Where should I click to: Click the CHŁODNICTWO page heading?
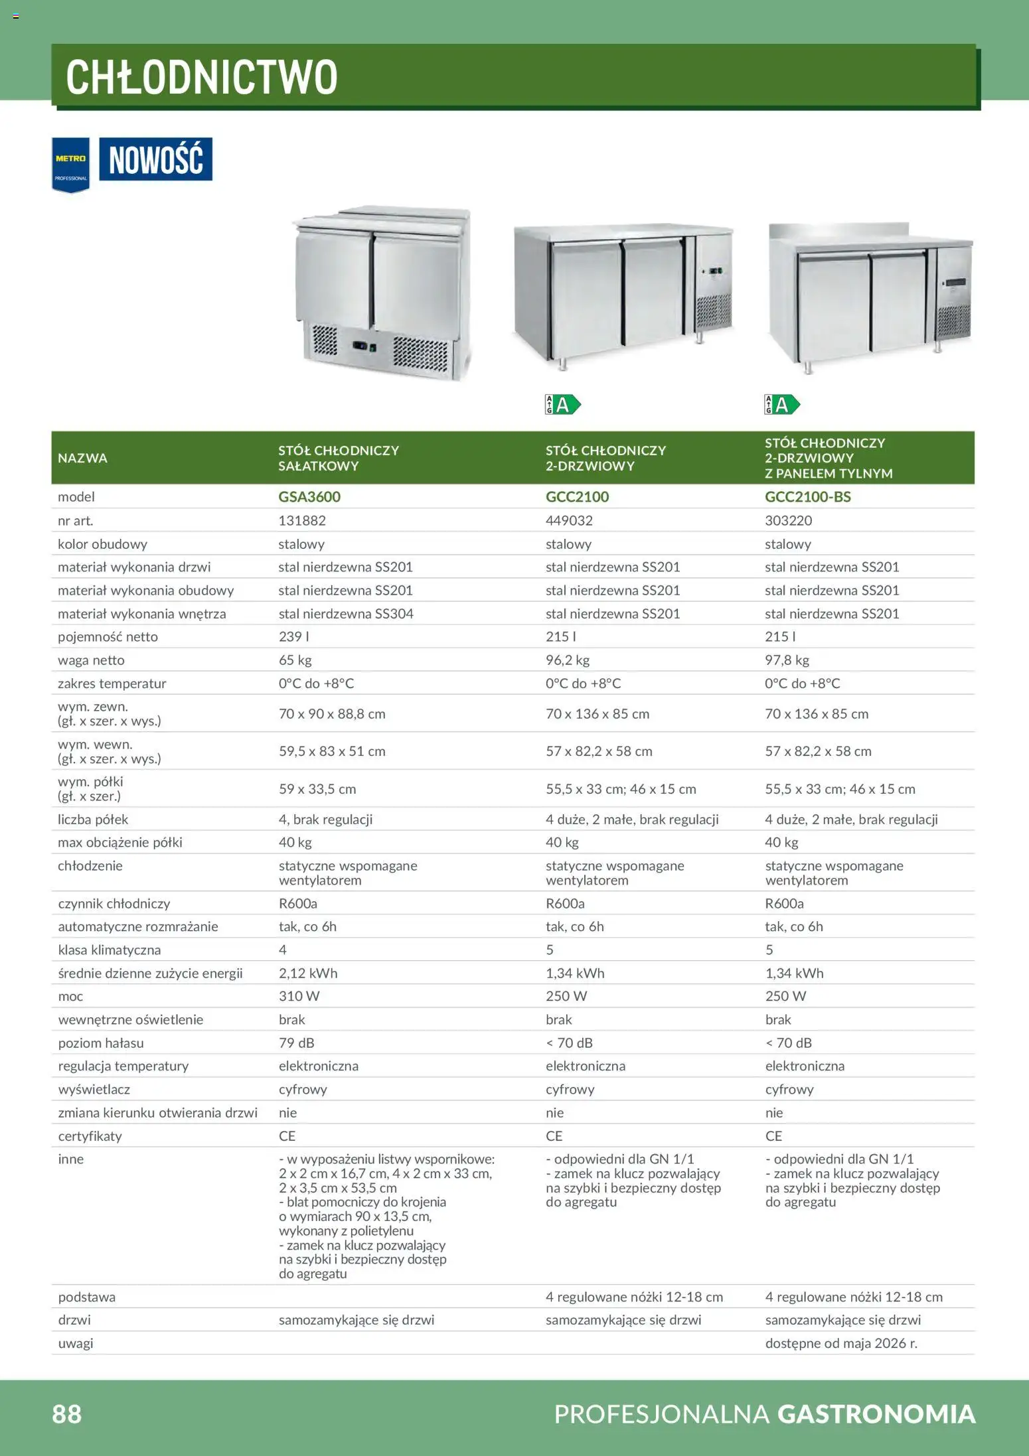(x=202, y=77)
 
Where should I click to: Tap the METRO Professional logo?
(x=70, y=165)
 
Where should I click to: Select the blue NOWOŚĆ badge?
(x=156, y=159)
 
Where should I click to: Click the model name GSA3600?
(x=309, y=496)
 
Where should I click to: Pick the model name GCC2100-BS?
(x=807, y=496)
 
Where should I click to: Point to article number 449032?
(x=569, y=520)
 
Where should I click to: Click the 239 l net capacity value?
(x=294, y=636)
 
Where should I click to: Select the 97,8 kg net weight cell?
(x=787, y=660)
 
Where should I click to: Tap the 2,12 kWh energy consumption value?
(x=308, y=973)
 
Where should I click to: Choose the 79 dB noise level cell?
(x=296, y=1043)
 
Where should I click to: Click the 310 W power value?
(x=299, y=996)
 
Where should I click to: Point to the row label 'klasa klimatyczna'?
(x=109, y=950)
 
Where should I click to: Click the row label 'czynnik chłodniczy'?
(x=114, y=903)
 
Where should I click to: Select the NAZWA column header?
(x=82, y=458)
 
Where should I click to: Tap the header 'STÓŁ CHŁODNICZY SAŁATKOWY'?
(x=339, y=458)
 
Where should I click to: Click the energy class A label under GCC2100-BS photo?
(x=782, y=404)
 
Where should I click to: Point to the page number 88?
(x=66, y=1414)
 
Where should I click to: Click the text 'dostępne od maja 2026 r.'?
(x=841, y=1343)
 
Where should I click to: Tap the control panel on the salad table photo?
(x=364, y=346)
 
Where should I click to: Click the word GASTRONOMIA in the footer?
(x=876, y=1414)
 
